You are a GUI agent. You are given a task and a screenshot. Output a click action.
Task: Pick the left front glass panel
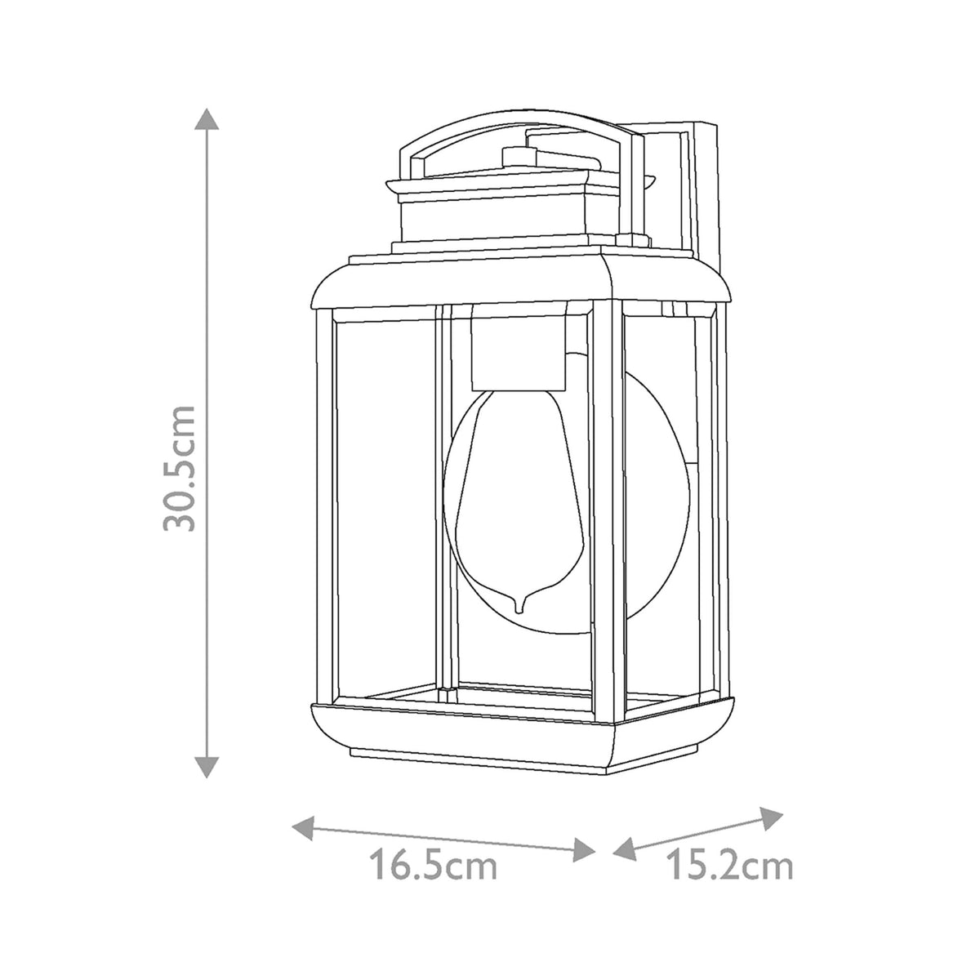[x=384, y=506]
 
